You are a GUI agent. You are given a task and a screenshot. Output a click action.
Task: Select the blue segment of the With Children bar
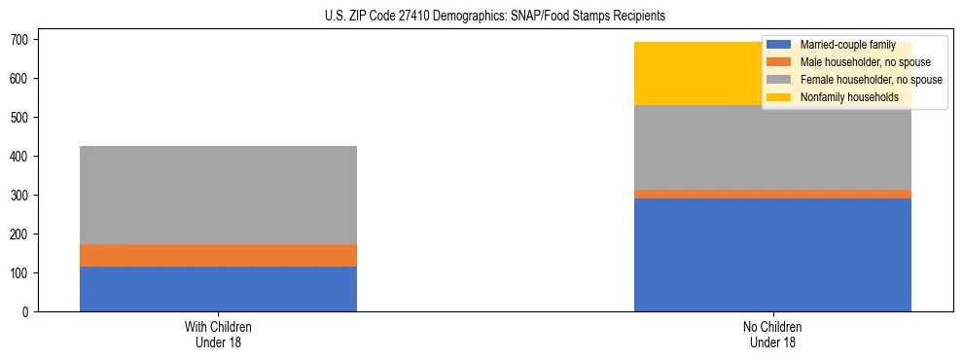[x=218, y=289]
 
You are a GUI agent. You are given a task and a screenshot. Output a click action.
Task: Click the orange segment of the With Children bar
[x=218, y=255]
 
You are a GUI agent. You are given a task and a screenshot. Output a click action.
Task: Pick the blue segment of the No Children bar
[x=772, y=255]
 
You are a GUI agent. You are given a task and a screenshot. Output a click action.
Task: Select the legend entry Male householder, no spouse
[x=851, y=62]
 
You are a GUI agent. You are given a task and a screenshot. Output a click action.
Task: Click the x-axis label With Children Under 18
[x=218, y=334]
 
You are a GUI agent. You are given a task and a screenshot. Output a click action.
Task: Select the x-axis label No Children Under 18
[x=772, y=334]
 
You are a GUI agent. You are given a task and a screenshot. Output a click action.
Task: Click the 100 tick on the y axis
[x=24, y=273]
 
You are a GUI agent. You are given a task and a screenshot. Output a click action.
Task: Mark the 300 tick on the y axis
[x=24, y=196]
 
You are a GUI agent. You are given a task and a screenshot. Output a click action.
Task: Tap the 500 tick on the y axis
[x=24, y=118]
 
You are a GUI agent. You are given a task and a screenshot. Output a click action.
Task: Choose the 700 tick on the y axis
[x=24, y=40]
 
